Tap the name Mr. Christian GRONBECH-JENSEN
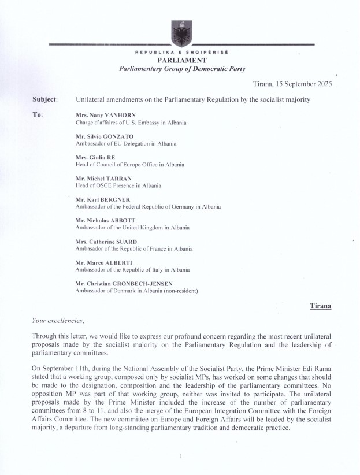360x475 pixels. click(x=124, y=283)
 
